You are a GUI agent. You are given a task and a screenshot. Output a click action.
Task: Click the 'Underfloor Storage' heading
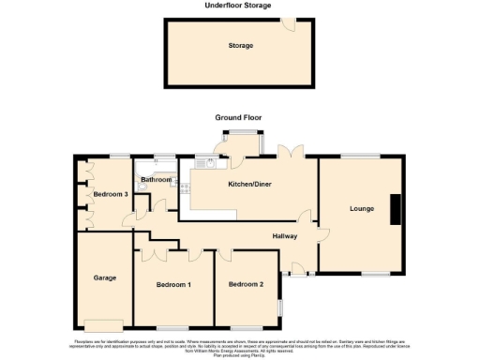tap(238, 6)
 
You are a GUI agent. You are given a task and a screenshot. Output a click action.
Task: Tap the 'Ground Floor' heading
tap(238, 118)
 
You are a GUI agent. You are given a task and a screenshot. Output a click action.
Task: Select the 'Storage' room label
tap(241, 45)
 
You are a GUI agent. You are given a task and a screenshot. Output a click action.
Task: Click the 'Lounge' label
tap(362, 208)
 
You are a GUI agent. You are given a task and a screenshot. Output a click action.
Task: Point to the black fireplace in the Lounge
tap(396, 208)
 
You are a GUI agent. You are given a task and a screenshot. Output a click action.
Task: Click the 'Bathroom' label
tap(155, 179)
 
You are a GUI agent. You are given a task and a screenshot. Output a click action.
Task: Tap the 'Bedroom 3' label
tap(110, 194)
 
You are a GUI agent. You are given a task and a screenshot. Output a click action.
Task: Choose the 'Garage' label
tap(103, 277)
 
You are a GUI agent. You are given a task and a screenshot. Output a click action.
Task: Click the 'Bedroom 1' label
tap(174, 284)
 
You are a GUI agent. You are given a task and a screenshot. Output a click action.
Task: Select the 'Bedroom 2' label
tap(248, 284)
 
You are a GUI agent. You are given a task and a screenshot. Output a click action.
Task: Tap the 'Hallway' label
tap(285, 236)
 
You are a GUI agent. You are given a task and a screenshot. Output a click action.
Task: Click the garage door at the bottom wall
tap(97, 325)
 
